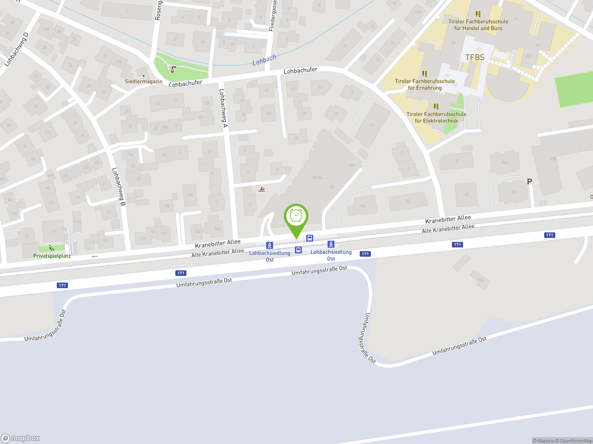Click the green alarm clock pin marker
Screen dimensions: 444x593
pyautogui.click(x=296, y=217)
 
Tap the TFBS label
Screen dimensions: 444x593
pyautogui.click(x=475, y=58)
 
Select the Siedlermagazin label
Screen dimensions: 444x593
pyautogui.click(x=143, y=81)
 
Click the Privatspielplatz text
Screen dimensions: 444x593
pyautogui.click(x=52, y=256)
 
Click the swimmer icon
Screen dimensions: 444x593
pyautogui.click(x=262, y=190)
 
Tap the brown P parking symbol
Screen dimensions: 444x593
pyautogui.click(x=529, y=182)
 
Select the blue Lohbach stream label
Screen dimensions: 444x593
pyautogui.click(x=264, y=60)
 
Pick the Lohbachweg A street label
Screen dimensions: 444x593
pyautogui.click(x=223, y=108)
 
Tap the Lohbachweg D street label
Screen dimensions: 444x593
pyautogui.click(x=16, y=49)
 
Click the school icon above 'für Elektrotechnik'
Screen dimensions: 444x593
pyautogui.click(x=436, y=107)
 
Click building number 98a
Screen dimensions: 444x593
pyautogui.click(x=351, y=165)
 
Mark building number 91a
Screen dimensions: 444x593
pyautogui.click(x=480, y=280)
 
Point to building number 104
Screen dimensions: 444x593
pyautogui.click(x=190, y=195)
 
